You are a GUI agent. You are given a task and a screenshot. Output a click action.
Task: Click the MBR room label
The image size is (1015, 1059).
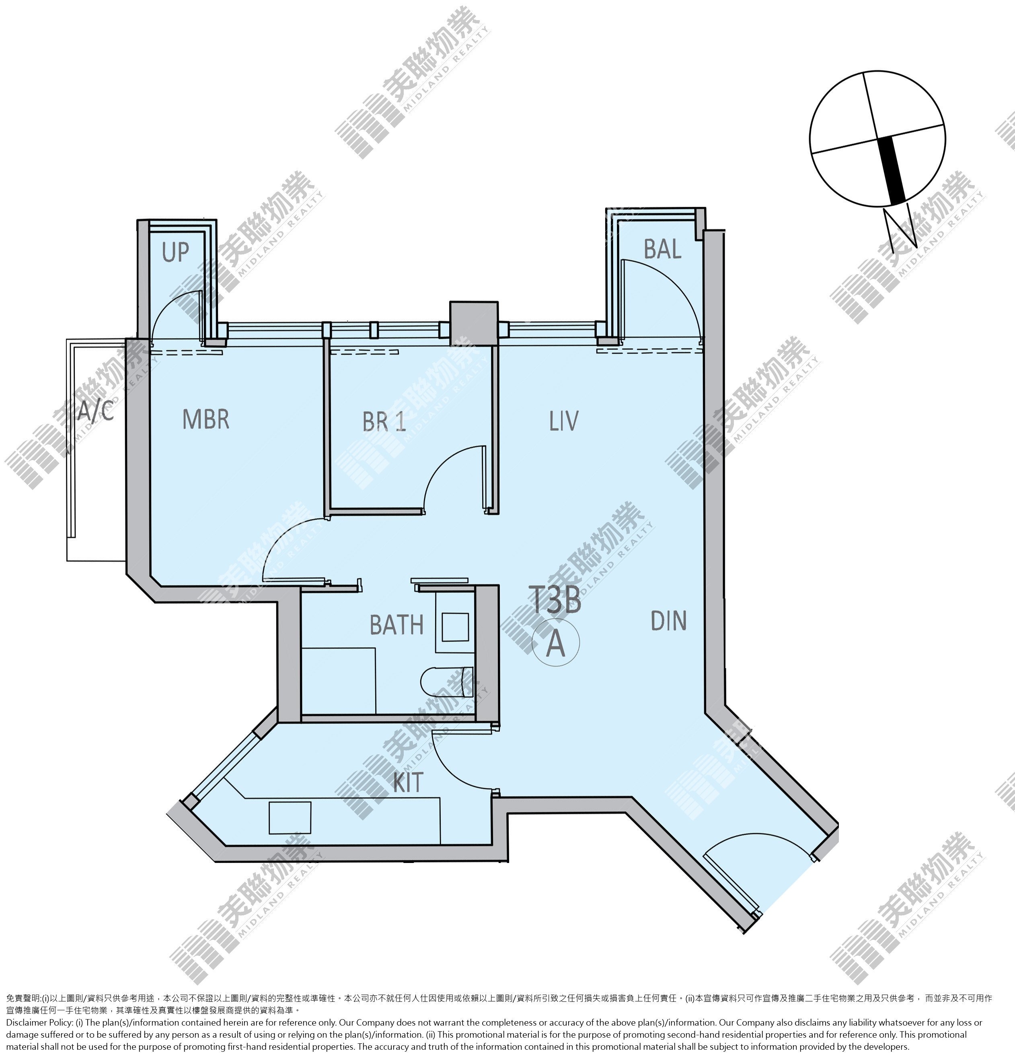206,419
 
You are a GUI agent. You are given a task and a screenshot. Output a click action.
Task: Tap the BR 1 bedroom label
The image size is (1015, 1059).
384,421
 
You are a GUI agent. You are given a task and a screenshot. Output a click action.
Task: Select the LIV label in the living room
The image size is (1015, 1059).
564,421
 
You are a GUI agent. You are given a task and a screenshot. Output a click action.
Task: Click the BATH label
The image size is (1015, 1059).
396,625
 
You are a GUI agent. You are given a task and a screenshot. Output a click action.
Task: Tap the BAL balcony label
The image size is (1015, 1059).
662,249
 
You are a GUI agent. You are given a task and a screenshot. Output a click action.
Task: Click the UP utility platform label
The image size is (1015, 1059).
175,252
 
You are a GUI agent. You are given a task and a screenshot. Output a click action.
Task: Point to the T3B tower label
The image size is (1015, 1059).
556,600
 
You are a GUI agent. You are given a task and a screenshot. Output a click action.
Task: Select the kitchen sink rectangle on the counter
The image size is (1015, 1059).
290,817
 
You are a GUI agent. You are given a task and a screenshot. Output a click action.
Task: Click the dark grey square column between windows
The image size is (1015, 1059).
473,322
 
